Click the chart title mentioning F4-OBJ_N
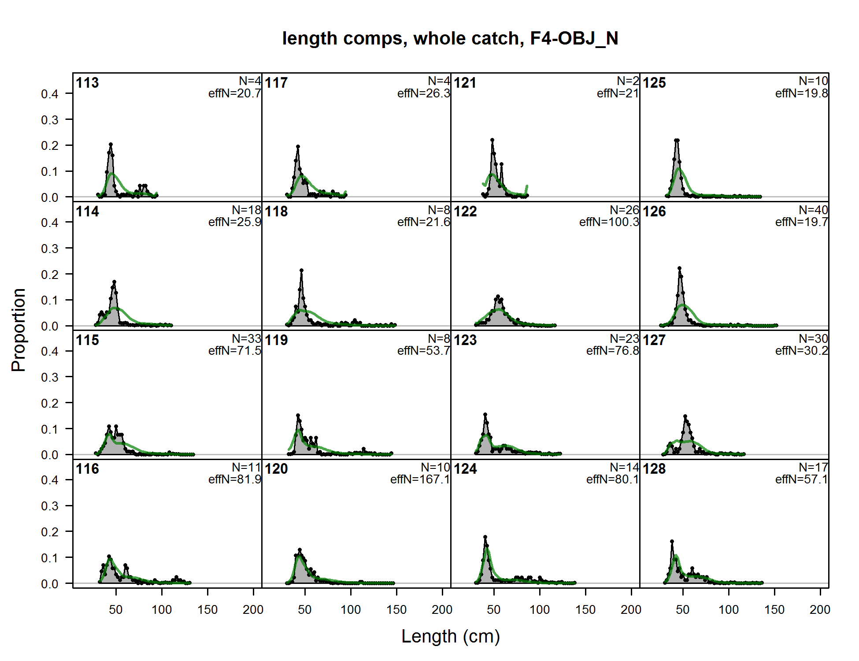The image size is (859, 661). pyautogui.click(x=450, y=38)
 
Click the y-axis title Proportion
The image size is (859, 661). pyautogui.click(x=19, y=330)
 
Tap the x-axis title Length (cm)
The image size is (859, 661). pyautogui.click(x=451, y=636)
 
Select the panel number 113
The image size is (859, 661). pyautogui.click(x=87, y=83)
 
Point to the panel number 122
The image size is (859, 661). pyautogui.click(x=465, y=212)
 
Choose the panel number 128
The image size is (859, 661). pyautogui.click(x=654, y=469)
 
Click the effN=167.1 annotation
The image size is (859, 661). pyautogui.click(x=420, y=479)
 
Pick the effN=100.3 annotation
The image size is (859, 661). pyautogui.click(x=609, y=222)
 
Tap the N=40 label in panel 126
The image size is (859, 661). pyautogui.click(x=813, y=210)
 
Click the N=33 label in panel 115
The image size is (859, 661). pyautogui.click(x=247, y=339)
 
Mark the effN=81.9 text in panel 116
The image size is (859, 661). pyautogui.click(x=235, y=479)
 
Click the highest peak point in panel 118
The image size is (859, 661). pyautogui.click(x=301, y=270)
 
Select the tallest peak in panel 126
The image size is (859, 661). pyautogui.click(x=679, y=268)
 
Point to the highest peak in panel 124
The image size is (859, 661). pyautogui.click(x=485, y=537)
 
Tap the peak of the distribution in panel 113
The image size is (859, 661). pyautogui.click(x=111, y=144)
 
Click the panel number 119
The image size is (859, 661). pyautogui.click(x=276, y=340)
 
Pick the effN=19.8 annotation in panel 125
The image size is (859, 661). pyautogui.click(x=801, y=93)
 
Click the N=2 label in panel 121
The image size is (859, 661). pyautogui.click(x=628, y=81)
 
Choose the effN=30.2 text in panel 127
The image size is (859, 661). pyautogui.click(x=801, y=351)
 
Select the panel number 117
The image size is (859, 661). pyautogui.click(x=276, y=83)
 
